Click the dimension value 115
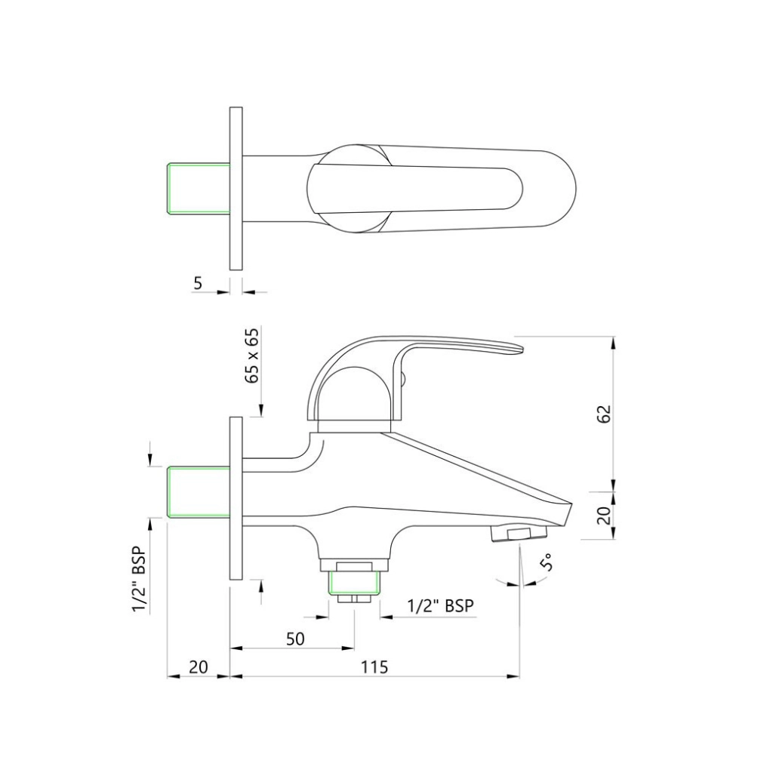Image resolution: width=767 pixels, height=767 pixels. tap(374, 667)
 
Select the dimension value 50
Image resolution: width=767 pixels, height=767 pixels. tap(295, 639)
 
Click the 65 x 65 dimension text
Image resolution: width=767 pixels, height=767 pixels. tap(253, 356)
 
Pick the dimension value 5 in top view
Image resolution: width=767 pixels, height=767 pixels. tap(198, 283)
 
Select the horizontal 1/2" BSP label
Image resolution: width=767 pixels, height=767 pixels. tap(442, 605)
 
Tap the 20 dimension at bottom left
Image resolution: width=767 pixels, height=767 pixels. tap(198, 667)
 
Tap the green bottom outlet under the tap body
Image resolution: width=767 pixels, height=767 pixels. tap(353, 581)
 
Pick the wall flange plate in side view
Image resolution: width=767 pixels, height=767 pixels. tap(236, 497)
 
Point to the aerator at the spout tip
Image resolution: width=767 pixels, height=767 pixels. tap(519, 534)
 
